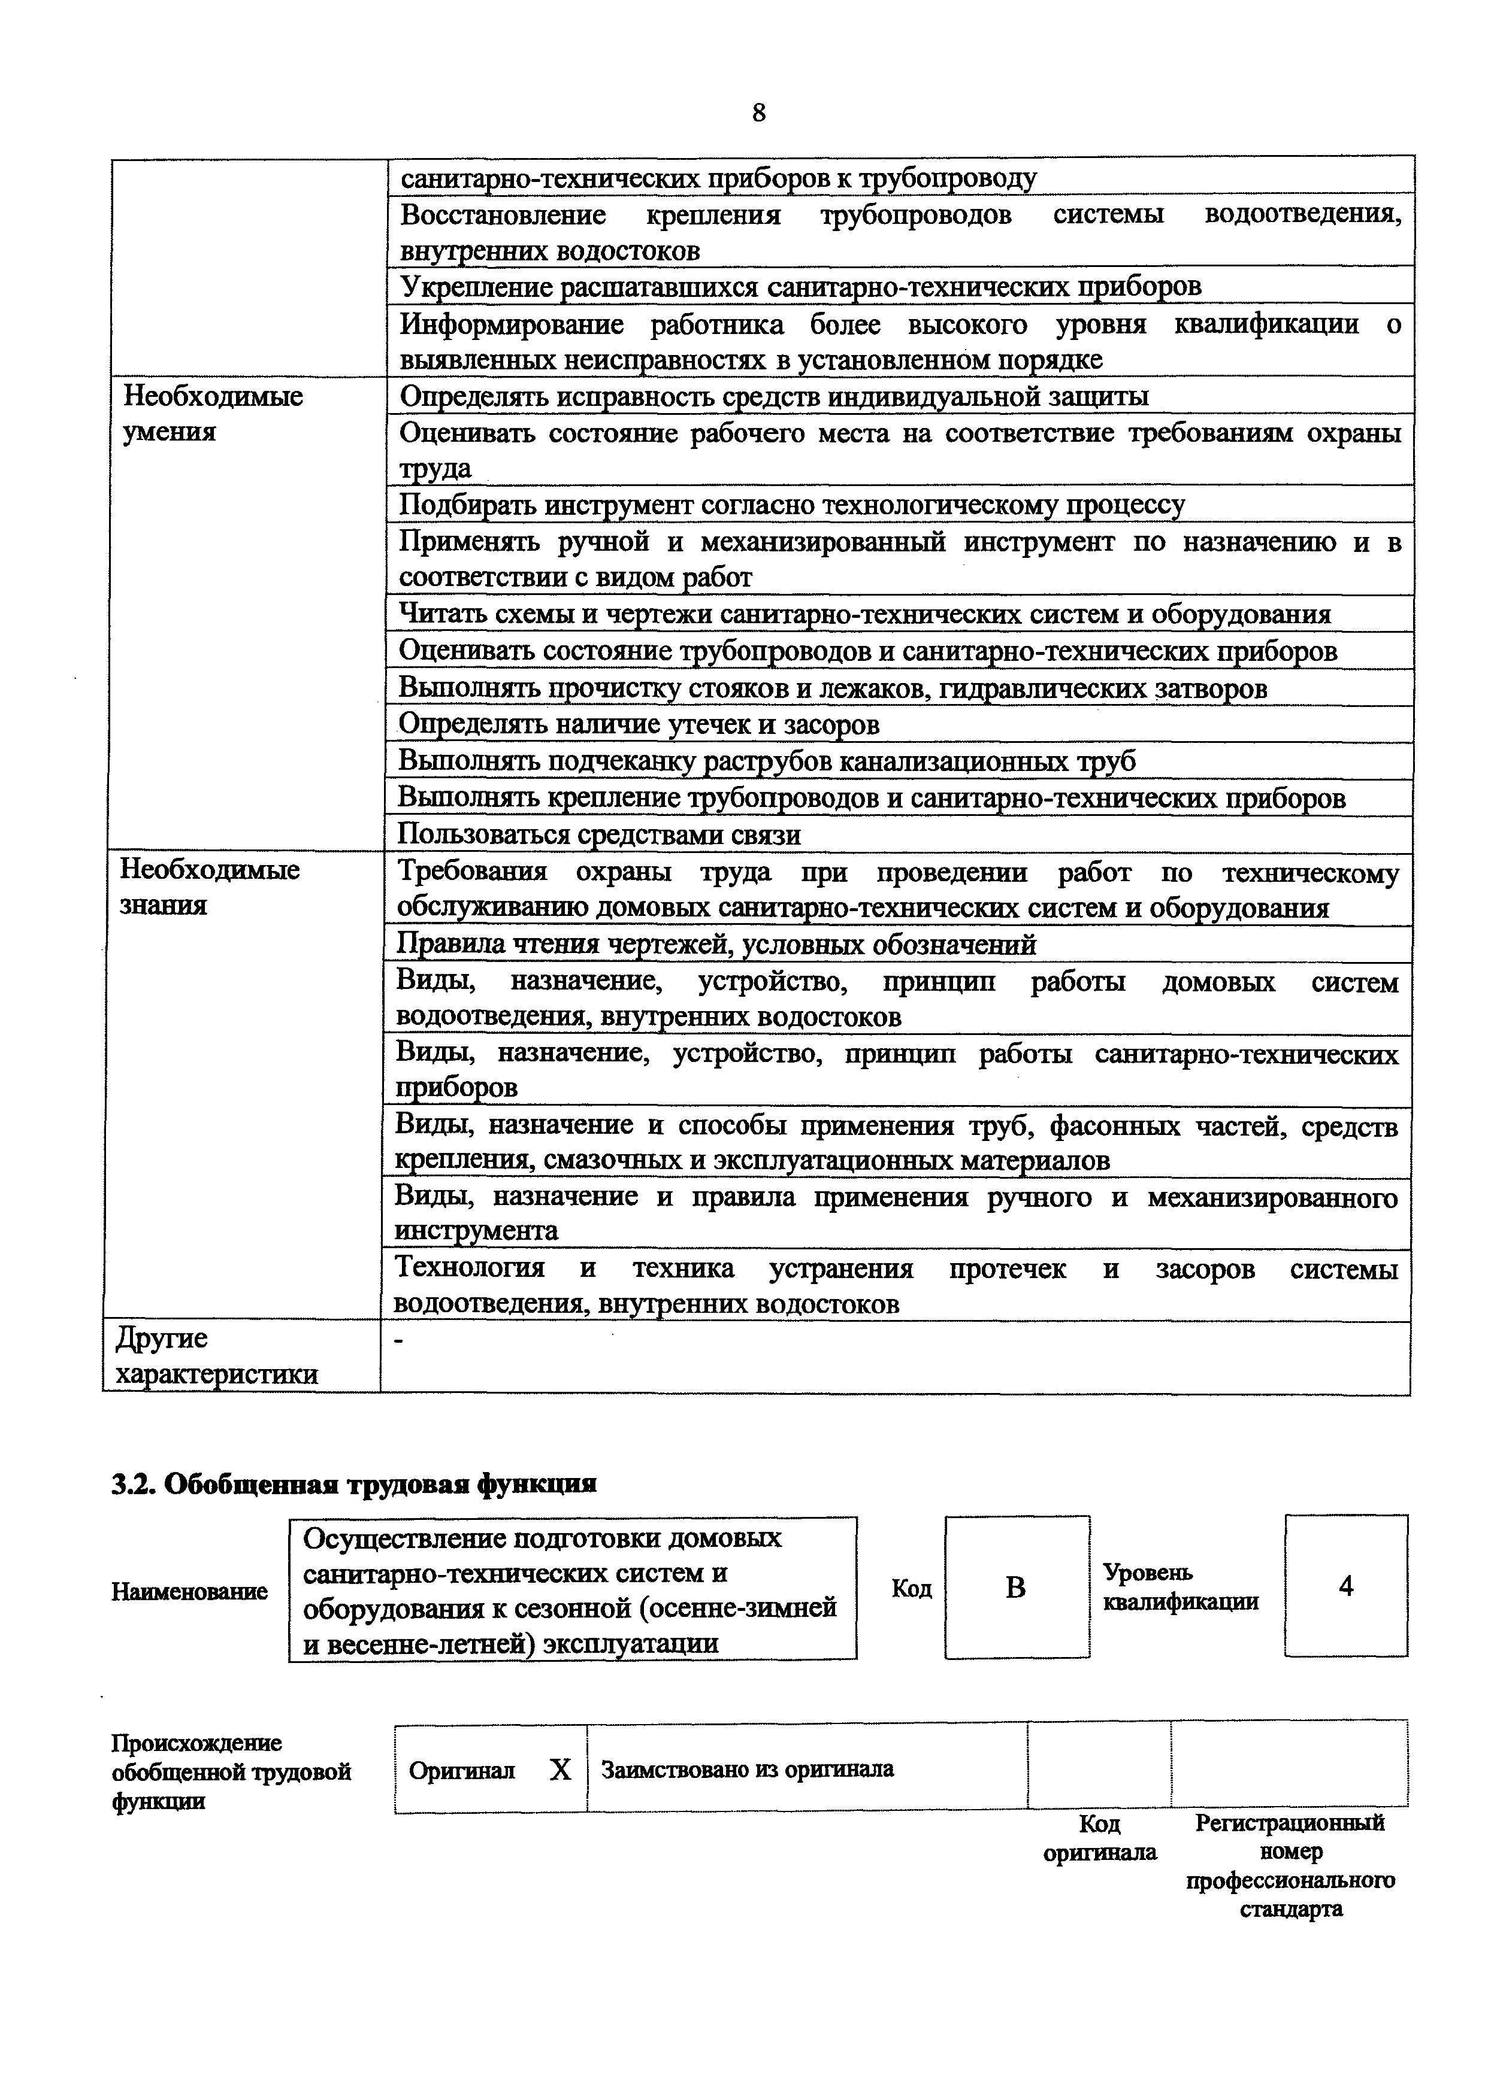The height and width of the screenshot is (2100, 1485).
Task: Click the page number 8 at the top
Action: click(758, 113)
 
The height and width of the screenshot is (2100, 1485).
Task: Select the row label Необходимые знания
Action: click(210, 887)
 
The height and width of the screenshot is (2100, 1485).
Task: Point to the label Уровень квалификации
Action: click(1180, 1587)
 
